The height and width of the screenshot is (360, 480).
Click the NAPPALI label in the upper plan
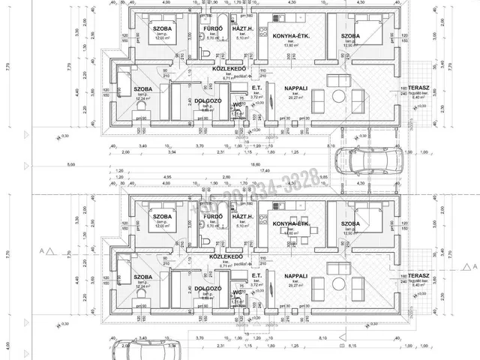pos(280,88)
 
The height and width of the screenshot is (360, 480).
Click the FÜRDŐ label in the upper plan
pos(211,28)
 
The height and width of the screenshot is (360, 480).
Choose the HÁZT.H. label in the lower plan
pos(242,216)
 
